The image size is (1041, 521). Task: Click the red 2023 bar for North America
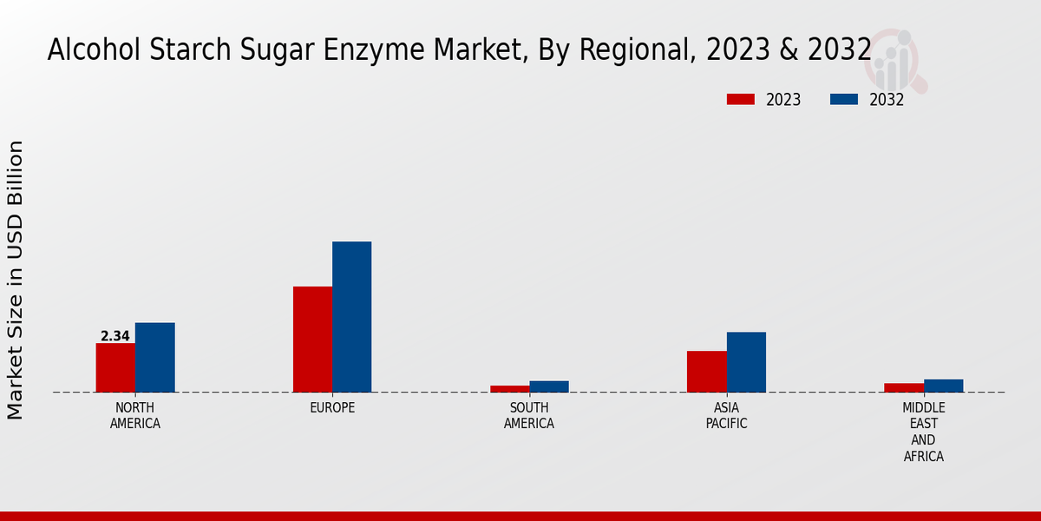(x=115, y=367)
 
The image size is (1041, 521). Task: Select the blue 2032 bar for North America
(x=154, y=357)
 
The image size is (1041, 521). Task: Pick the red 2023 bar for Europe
(x=312, y=339)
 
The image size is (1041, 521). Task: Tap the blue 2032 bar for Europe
(x=351, y=316)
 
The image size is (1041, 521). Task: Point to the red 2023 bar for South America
(x=509, y=388)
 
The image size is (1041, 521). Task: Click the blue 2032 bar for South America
(x=549, y=386)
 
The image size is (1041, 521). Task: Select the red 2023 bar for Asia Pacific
(x=706, y=371)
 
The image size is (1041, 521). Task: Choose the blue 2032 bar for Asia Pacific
(x=746, y=361)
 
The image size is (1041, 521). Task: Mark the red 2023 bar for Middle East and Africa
(x=903, y=387)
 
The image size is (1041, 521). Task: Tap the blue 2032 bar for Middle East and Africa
(x=943, y=386)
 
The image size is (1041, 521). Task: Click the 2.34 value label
(x=115, y=336)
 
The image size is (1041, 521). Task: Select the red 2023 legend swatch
(x=741, y=99)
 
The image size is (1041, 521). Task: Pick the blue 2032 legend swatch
(x=843, y=99)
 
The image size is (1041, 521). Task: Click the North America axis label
(x=135, y=416)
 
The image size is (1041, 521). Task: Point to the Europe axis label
(x=332, y=407)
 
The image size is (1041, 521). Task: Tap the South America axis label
(x=529, y=416)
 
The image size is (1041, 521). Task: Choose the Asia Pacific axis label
(x=726, y=416)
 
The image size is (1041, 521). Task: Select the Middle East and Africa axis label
(x=923, y=432)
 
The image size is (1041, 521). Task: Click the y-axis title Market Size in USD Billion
(x=16, y=280)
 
